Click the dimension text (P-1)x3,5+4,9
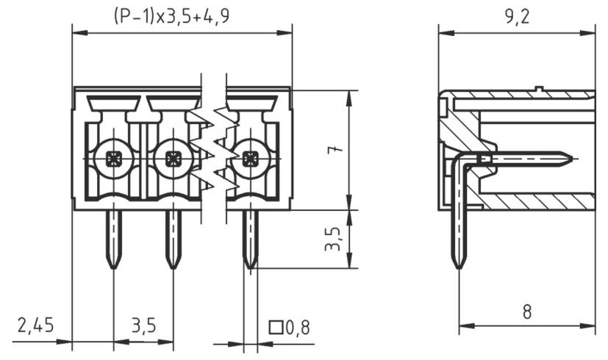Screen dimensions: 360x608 coord(171,16)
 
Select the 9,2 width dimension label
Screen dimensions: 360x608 coord(517,17)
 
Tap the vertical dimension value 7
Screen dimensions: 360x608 coord(335,150)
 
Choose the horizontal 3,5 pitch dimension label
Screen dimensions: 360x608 coord(143,325)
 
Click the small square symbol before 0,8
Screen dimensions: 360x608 coord(276,327)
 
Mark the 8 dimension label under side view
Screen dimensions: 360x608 coord(526,312)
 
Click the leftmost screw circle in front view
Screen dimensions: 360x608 coord(113,157)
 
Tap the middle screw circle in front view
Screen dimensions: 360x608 coord(174,157)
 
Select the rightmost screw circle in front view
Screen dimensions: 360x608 coord(250,157)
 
